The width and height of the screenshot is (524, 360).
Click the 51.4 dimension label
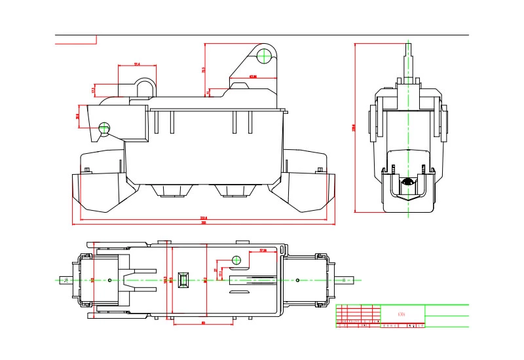click(x=137, y=64)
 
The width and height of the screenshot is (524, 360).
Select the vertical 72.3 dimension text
click(x=204, y=69)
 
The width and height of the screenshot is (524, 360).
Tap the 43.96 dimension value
click(x=253, y=77)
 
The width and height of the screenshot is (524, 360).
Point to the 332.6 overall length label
click(x=204, y=218)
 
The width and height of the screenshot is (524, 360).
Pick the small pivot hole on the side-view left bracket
click(x=103, y=127)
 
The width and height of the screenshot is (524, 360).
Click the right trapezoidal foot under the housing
click(x=235, y=190)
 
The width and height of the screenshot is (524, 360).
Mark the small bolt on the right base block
click(x=319, y=171)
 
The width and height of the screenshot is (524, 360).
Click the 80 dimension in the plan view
click(x=203, y=323)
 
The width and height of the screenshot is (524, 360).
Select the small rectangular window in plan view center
click(x=185, y=280)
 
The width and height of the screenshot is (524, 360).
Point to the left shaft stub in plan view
click(x=65, y=280)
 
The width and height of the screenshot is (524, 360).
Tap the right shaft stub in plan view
click(x=345, y=280)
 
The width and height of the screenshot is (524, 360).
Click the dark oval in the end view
click(x=409, y=182)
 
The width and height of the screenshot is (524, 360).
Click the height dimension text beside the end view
click(x=354, y=128)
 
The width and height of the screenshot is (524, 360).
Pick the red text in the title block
click(x=402, y=313)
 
